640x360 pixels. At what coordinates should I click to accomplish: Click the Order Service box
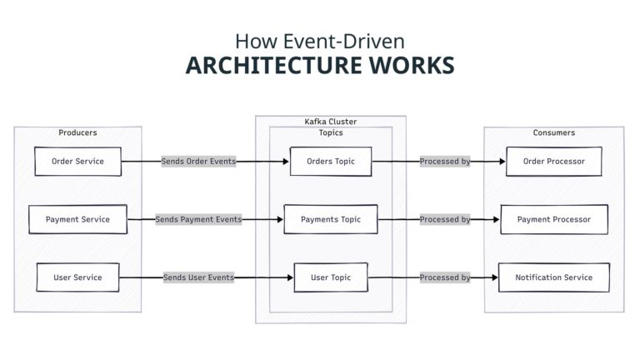[77, 162]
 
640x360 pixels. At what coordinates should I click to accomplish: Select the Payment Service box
[77, 219]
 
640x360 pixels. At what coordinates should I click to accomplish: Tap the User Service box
[77, 277]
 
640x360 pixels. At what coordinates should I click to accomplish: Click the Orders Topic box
[330, 162]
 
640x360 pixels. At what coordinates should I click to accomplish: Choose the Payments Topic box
[330, 219]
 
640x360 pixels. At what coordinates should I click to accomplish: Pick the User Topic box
[330, 277]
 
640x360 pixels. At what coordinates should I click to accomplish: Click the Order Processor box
[553, 162]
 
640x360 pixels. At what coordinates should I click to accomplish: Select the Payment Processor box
[553, 219]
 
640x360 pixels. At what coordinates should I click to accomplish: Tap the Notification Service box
[553, 277]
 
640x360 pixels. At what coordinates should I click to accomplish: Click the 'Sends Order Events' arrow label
[198, 162]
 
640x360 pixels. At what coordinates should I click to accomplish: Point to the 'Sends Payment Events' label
[198, 219]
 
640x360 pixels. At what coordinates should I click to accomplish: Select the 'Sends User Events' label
[198, 277]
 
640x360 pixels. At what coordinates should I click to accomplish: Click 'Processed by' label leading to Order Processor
[444, 162]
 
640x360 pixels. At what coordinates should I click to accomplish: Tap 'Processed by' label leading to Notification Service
[444, 277]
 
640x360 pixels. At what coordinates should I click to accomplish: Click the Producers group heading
[77, 132]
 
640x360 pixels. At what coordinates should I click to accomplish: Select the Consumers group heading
[553, 132]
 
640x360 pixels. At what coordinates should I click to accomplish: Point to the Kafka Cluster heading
[330, 122]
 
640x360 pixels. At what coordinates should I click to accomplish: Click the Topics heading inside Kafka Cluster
[330, 132]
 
